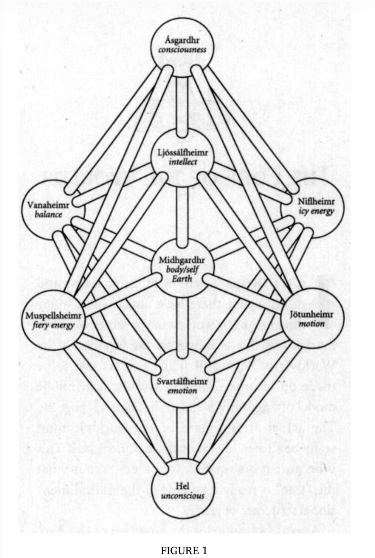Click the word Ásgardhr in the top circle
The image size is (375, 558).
click(x=182, y=40)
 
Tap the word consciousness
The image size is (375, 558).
click(x=182, y=49)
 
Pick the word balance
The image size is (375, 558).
click(x=48, y=214)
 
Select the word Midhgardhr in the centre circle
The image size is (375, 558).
click(x=182, y=260)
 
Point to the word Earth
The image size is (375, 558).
click(x=182, y=279)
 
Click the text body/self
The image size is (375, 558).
click(x=182, y=269)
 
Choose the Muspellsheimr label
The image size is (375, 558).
click(x=54, y=316)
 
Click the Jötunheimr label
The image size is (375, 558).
click(x=312, y=315)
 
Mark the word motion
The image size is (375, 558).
click(x=312, y=324)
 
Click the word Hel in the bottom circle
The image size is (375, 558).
click(x=183, y=486)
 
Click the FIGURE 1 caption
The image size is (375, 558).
click(x=184, y=543)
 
